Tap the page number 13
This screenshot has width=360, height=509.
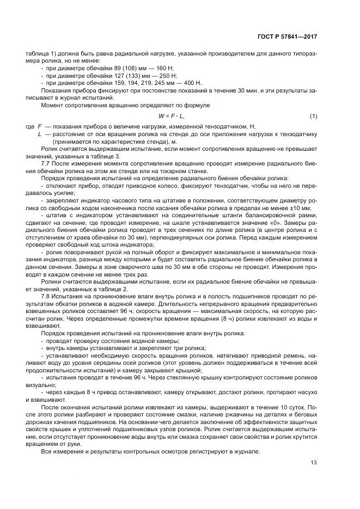point(314,463)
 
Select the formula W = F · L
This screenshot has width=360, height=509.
point(172,116)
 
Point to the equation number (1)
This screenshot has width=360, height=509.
point(313,116)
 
